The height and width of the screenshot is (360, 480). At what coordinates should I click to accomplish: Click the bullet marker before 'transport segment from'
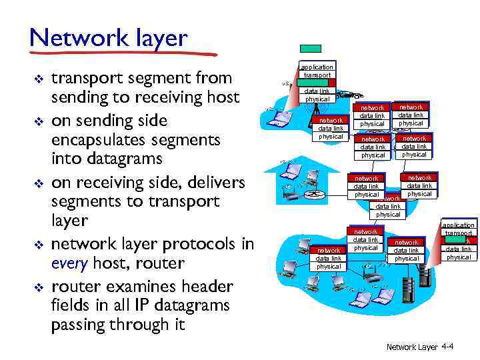point(39,79)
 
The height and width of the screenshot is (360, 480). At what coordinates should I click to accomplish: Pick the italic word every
point(70,263)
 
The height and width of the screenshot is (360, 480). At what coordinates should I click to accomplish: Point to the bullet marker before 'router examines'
point(39,287)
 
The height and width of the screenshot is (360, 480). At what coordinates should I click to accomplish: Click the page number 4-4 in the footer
point(447,347)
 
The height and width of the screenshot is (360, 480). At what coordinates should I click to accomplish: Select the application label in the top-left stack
point(317,67)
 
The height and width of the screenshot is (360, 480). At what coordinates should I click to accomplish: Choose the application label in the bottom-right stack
point(459,225)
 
